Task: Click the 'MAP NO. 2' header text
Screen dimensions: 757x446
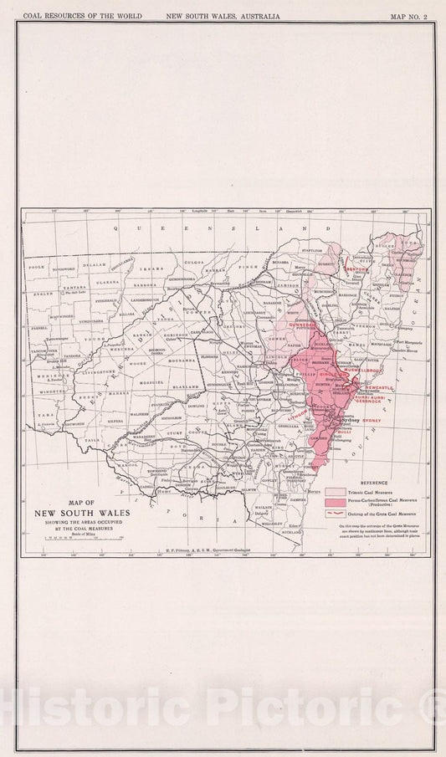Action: (409, 16)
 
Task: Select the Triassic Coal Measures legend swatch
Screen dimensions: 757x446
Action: (335, 493)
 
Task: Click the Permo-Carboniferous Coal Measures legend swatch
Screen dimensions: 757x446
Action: (335, 503)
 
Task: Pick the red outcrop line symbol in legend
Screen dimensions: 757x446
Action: (335, 514)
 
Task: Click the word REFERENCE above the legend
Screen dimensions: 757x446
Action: (373, 483)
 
